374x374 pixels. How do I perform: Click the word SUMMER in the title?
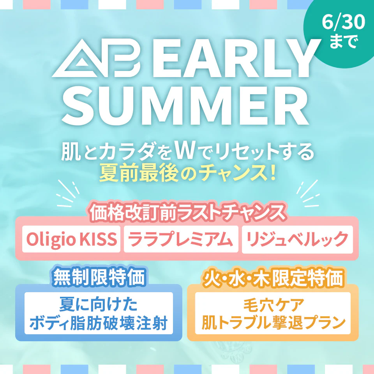(x=185, y=106)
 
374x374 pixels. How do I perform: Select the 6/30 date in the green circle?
(x=343, y=22)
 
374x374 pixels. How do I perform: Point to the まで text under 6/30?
(x=344, y=42)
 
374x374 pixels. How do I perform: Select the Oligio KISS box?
(x=71, y=239)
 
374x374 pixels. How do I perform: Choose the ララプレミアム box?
(x=181, y=239)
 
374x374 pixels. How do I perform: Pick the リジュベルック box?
(x=297, y=239)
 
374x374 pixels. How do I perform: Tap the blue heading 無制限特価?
(x=99, y=277)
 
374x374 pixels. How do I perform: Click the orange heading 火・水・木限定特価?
(x=273, y=278)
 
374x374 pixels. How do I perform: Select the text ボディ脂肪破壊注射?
(x=99, y=323)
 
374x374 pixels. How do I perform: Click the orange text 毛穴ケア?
(x=274, y=305)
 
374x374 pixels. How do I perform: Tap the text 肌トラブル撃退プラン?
(x=273, y=322)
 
